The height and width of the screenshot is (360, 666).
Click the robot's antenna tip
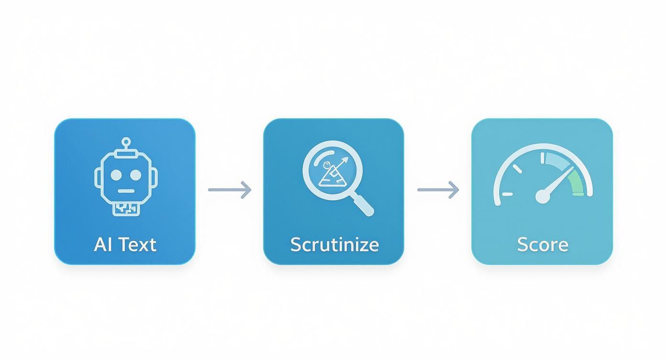click(x=126, y=142)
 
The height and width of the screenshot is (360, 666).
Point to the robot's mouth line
click(x=126, y=191)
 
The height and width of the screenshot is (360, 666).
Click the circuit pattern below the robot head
click(x=126, y=208)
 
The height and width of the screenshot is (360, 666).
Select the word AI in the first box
click(x=102, y=245)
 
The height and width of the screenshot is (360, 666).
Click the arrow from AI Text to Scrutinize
click(x=230, y=190)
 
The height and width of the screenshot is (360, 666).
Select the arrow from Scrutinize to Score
click(x=438, y=190)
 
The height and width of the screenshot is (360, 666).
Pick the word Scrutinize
click(x=334, y=245)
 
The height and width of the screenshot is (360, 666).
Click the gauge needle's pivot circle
click(x=543, y=196)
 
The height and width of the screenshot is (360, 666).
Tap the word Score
click(x=543, y=245)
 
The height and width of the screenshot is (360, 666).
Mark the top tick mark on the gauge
click(x=543, y=158)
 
